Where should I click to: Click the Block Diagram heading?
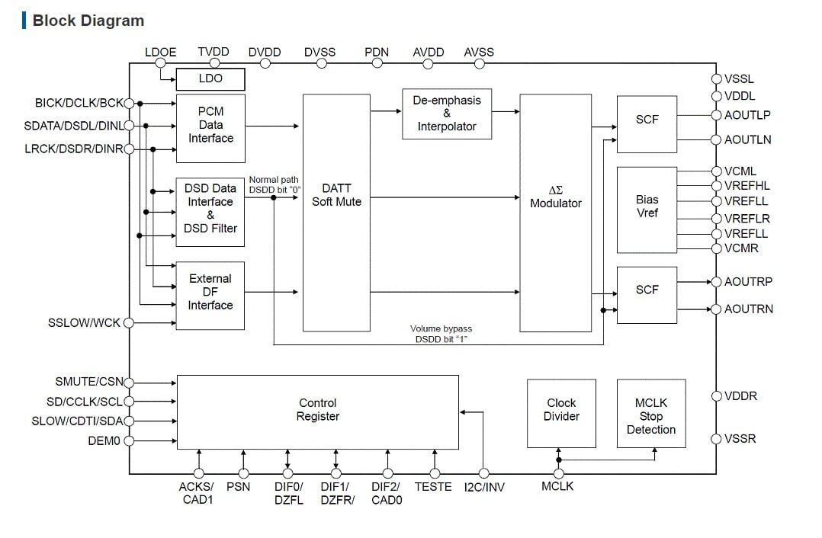click(x=88, y=21)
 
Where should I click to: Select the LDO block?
click(x=210, y=78)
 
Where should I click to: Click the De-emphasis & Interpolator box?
click(x=446, y=114)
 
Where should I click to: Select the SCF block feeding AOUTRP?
click(x=647, y=290)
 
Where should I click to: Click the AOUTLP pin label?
click(x=747, y=115)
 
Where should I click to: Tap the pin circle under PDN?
click(x=377, y=64)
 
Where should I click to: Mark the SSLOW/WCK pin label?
click(x=84, y=323)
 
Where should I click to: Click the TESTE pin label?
click(x=433, y=487)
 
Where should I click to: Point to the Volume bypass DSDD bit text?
click(x=441, y=334)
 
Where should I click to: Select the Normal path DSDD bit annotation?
click(x=274, y=184)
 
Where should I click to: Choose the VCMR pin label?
click(x=741, y=248)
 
